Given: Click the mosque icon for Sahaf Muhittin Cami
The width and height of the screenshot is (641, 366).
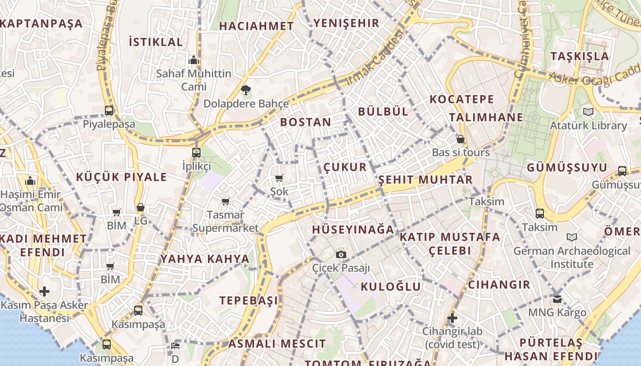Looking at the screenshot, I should coord(194,60).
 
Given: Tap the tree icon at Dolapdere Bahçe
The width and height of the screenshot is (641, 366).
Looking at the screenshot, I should coord(246,90).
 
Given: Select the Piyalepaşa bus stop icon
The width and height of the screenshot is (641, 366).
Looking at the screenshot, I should coord(109,110).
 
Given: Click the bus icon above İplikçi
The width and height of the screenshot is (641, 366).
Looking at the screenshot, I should coord(196,152).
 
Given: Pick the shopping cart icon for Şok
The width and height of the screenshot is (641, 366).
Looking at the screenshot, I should coord(279,178).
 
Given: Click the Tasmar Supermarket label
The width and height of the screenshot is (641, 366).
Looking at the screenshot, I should coord(225,221).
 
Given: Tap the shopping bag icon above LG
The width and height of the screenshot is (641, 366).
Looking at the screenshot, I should coord(141,207).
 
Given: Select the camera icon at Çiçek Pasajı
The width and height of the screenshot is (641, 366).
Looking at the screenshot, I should coord(341,254).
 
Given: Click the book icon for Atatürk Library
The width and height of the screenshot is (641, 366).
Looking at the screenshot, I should coord(588,112).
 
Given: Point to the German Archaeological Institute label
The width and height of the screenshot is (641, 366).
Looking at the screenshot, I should coord(572,257).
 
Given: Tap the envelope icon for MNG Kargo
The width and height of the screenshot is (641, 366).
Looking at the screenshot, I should coord(557,299).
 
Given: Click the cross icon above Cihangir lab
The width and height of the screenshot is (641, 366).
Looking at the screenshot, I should coord(452,318).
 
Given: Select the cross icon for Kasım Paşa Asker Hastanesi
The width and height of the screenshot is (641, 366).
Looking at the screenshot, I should coord(44,291).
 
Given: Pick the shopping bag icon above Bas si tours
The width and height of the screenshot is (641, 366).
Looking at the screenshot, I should coord(461,139).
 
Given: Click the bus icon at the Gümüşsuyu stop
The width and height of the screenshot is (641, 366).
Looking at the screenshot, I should coord(622,171).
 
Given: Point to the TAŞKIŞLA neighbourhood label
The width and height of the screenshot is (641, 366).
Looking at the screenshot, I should coord(580,56).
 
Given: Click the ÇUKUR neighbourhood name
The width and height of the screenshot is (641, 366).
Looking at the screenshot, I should coord(345,167).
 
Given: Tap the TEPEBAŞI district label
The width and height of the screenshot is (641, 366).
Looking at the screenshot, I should coord(249,301).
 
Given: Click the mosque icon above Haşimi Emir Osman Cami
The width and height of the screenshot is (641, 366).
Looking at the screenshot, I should coord(31,181).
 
